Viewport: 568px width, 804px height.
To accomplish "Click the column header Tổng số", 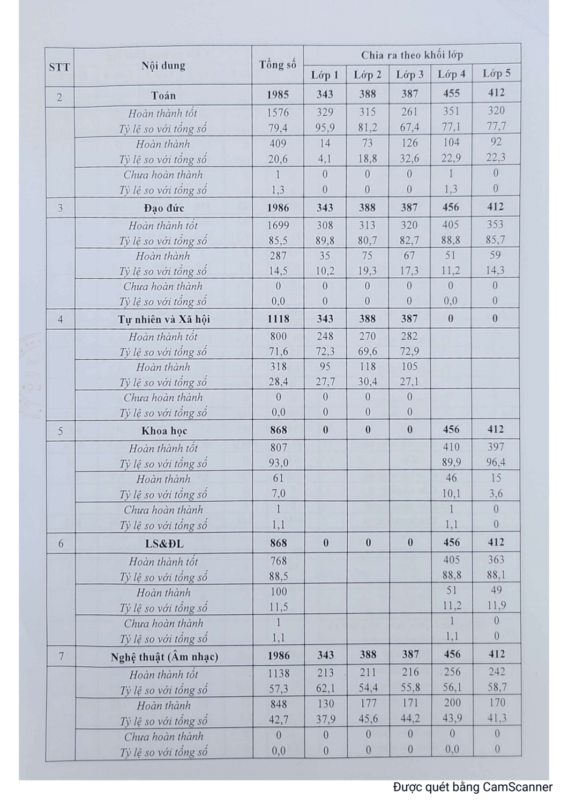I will click(278, 65).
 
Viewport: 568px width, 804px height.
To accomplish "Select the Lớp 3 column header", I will click(409, 75).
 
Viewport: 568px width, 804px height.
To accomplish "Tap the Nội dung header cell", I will click(163, 66).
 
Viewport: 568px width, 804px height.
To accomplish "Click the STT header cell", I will click(59, 67).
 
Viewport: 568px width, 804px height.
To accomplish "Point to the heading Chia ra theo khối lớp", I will click(412, 55).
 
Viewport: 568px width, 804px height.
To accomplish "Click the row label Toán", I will click(163, 95).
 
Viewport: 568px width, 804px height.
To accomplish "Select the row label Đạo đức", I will click(163, 207).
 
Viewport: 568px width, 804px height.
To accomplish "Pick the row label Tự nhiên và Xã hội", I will click(163, 319).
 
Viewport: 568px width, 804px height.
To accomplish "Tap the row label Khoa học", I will click(163, 431).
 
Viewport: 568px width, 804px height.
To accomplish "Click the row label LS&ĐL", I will click(164, 544).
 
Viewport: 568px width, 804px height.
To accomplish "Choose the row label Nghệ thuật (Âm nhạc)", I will click(164, 657).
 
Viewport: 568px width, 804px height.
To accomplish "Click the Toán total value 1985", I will click(278, 95).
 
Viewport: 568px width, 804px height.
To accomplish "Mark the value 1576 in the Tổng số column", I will click(278, 113).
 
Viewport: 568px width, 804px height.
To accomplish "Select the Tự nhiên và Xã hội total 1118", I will click(278, 319).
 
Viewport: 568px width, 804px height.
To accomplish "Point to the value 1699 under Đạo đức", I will click(278, 225).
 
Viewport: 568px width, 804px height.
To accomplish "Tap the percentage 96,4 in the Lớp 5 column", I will click(496, 462).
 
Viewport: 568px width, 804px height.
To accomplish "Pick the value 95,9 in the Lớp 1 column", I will click(325, 128).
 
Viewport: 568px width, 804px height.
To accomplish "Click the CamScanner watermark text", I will click(472, 787).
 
